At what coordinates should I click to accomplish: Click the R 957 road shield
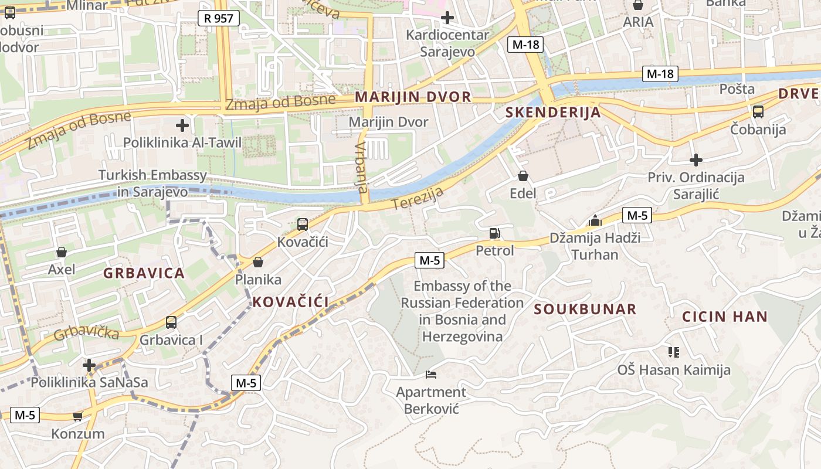[219, 18]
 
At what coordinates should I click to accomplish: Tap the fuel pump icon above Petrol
[494, 233]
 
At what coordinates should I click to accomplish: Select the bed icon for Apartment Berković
[431, 374]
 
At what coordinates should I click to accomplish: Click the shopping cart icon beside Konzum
[77, 416]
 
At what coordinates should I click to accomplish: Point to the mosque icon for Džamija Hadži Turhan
[595, 221]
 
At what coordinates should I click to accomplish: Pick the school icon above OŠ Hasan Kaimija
[673, 352]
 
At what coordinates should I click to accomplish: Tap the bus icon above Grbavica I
[171, 322]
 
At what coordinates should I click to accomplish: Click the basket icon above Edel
[523, 176]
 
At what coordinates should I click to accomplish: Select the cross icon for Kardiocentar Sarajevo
[447, 18]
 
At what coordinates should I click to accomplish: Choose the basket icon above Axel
[62, 253]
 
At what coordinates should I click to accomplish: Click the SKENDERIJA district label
[553, 113]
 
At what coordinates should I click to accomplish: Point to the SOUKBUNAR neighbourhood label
[585, 310]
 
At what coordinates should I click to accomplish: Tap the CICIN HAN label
[724, 317]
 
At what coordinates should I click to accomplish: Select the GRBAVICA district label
[144, 273]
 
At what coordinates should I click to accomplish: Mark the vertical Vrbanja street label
[361, 168]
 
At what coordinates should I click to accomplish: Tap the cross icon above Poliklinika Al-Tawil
[182, 125]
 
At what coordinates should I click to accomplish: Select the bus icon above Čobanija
[758, 112]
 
